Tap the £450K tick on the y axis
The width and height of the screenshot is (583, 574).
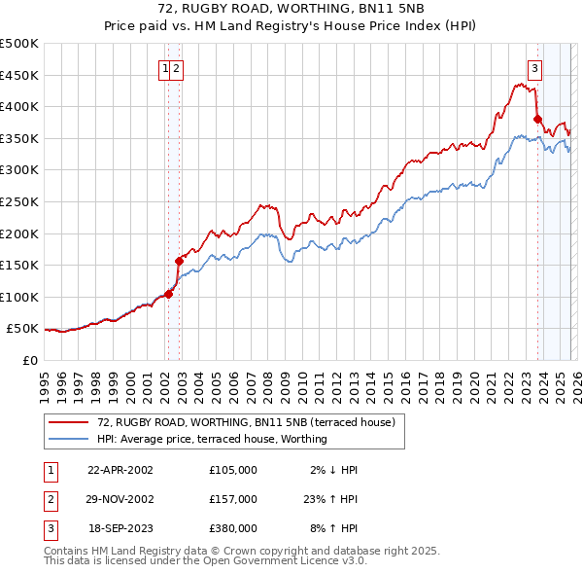(19, 75)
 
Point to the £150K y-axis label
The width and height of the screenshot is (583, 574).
(19, 265)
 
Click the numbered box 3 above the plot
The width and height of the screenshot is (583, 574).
(534, 68)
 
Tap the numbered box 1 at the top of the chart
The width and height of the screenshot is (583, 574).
(166, 68)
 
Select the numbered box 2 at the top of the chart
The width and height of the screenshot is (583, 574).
(178, 68)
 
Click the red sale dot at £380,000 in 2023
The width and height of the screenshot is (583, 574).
(537, 121)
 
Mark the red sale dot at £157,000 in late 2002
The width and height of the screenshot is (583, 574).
(179, 261)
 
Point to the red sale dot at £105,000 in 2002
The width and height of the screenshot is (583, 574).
(168, 294)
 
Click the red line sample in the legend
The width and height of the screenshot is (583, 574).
(69, 423)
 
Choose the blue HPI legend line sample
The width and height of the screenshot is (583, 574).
(69, 440)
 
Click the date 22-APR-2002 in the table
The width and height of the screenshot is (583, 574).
(120, 470)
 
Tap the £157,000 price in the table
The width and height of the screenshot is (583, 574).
(232, 499)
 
